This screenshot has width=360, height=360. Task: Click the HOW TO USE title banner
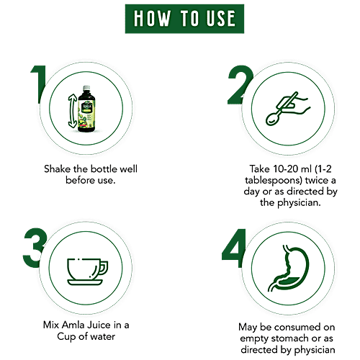(184, 19)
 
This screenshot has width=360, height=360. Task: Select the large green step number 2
(240, 85)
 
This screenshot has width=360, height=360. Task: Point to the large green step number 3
(35, 248)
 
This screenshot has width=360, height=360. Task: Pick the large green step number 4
(235, 248)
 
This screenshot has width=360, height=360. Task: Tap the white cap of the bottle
(86, 87)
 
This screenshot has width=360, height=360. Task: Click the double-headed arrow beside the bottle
(72, 111)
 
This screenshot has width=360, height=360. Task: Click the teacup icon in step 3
(87, 271)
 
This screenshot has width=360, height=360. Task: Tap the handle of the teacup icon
(104, 268)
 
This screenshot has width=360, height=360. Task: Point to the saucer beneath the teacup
(85, 282)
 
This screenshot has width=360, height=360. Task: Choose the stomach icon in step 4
(288, 268)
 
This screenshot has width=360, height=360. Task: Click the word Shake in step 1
(57, 169)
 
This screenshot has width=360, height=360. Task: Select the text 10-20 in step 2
(285, 169)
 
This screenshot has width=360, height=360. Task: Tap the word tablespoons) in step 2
(274, 181)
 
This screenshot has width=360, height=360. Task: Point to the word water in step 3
(102, 336)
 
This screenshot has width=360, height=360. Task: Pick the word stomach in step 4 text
(290, 338)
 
